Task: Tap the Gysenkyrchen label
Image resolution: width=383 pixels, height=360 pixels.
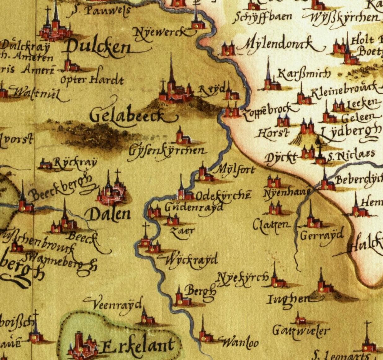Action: click(x=167, y=151)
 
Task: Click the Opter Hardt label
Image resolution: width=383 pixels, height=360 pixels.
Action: click(x=92, y=80)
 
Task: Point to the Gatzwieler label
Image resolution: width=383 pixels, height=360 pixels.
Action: click(x=301, y=331)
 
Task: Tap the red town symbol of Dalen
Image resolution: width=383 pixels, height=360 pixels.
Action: click(x=111, y=193)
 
